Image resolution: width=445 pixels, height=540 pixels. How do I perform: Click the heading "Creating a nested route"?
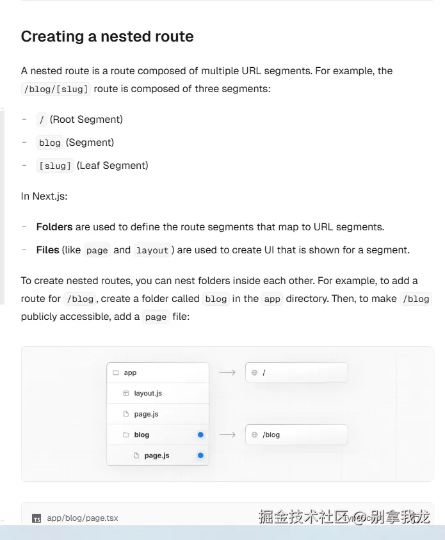coord(107,36)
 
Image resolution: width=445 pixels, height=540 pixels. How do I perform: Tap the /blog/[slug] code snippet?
coord(56,89)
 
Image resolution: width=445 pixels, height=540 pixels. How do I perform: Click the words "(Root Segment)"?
coord(86,120)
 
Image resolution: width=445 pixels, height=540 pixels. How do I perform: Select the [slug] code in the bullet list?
coord(55,166)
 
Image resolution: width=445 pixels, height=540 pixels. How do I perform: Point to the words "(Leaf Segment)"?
coord(113,166)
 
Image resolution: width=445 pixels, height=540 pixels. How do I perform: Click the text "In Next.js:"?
coord(44,196)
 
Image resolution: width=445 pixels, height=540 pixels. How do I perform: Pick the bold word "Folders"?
coord(54,227)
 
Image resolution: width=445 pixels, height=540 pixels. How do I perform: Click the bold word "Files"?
coord(48,250)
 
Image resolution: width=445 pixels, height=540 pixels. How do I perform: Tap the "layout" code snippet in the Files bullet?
coord(152,250)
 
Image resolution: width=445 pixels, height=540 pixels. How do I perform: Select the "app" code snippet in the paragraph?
coord(273,299)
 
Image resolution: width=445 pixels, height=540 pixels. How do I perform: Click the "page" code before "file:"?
coord(156,317)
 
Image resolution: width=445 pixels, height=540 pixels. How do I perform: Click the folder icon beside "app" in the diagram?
coord(116,372)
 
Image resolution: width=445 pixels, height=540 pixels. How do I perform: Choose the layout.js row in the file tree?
coord(148,393)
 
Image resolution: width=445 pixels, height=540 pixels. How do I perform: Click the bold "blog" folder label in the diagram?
coord(142,435)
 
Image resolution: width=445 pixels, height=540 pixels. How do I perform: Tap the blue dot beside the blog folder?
coord(200,435)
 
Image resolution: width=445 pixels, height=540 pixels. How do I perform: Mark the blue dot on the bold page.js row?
coord(200,456)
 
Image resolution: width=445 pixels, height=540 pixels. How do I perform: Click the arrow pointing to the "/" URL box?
coord(227,372)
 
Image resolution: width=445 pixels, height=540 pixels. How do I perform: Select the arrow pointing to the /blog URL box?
coord(227,435)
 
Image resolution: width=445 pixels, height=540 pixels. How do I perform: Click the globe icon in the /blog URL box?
coord(254,435)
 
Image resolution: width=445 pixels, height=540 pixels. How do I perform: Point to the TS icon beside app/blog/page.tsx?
coord(37,519)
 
